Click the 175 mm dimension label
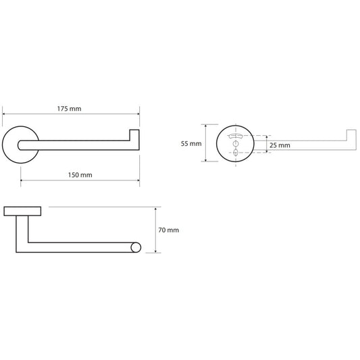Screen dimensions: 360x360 pos(69,109)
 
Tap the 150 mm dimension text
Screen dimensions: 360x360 pos(80,175)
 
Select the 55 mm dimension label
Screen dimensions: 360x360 pos(191,144)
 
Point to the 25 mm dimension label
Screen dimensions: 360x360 pos(280,145)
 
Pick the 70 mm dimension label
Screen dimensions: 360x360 pos(169,230)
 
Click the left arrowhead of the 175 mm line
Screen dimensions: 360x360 pos(3,114)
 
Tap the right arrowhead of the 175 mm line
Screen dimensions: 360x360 pos(138,114)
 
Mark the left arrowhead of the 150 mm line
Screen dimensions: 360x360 pos(22,180)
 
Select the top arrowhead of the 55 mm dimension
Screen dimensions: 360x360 pos(206,126)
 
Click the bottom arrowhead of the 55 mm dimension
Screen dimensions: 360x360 pos(206,160)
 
